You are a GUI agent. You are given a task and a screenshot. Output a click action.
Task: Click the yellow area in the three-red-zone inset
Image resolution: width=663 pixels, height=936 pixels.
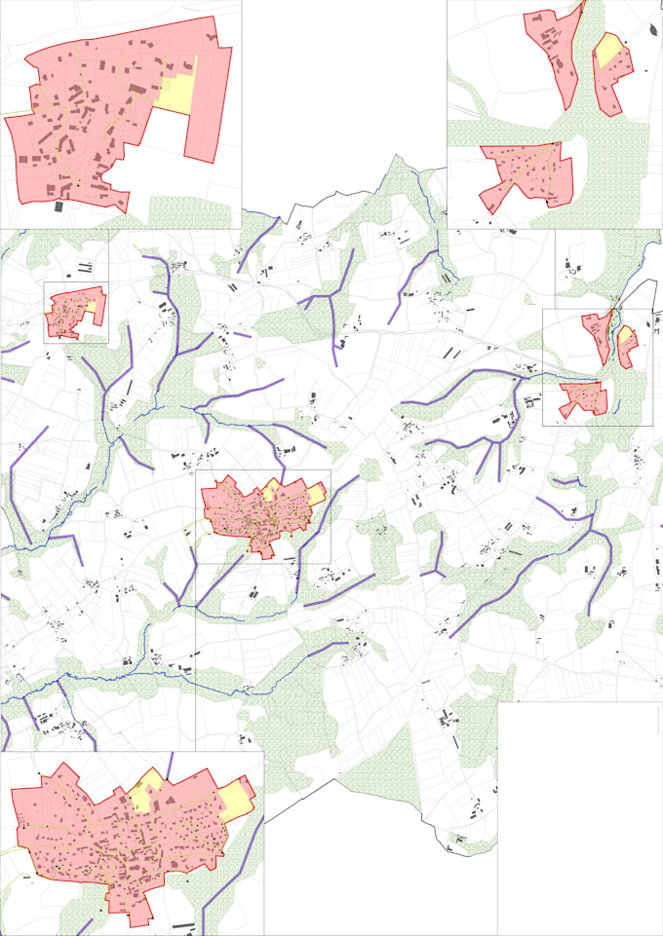pyautogui.click(x=609, y=49)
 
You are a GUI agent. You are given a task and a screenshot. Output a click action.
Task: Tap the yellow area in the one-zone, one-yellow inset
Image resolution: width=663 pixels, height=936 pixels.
pyautogui.click(x=175, y=91)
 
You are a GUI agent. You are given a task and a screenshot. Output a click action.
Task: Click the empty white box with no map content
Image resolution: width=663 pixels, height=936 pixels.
pyautogui.click(x=580, y=818)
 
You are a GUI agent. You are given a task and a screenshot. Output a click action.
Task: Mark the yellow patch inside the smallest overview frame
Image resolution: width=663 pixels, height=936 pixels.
pyautogui.click(x=90, y=305)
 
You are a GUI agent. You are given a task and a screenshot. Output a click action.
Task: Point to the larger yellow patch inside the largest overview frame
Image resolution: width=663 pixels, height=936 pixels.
pyautogui.click(x=316, y=494)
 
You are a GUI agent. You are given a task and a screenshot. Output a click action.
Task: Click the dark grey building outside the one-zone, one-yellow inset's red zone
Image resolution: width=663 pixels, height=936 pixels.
pyautogui.click(x=58, y=206)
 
